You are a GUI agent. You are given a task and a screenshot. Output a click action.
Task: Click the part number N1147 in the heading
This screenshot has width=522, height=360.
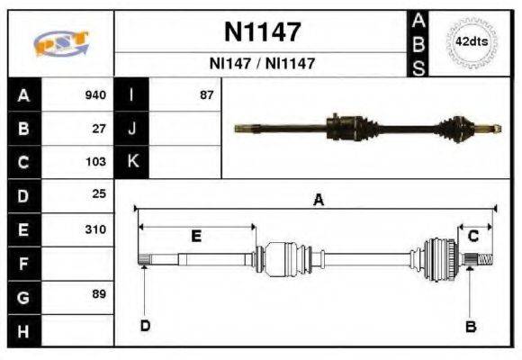(x=261, y=32)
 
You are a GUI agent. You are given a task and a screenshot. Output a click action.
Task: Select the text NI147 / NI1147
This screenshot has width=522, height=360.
(x=261, y=64)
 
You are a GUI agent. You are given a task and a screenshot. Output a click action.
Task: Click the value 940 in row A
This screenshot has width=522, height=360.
(x=95, y=94)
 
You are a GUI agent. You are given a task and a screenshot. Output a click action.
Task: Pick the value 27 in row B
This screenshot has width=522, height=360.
(x=99, y=128)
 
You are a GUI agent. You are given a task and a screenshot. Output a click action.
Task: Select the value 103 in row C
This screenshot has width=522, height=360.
(x=95, y=162)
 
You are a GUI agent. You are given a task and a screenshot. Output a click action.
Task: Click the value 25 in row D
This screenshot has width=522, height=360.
(x=99, y=194)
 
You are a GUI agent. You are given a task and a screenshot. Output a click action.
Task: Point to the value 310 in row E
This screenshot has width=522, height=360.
(x=95, y=229)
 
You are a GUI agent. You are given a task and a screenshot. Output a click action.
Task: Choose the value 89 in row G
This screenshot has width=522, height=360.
(x=99, y=294)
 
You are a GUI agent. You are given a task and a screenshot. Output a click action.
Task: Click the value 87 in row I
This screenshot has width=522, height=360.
(x=207, y=94)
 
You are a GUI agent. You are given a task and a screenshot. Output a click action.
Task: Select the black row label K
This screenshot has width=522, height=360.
(x=131, y=162)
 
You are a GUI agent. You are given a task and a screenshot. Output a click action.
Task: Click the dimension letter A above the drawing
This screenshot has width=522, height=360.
(x=317, y=201)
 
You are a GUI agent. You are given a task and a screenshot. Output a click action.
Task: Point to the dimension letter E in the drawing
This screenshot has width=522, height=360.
(x=195, y=237)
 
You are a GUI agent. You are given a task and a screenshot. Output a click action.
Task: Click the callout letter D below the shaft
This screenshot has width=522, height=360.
(x=145, y=326)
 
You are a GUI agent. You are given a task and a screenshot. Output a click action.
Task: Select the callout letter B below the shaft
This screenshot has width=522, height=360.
(x=470, y=326)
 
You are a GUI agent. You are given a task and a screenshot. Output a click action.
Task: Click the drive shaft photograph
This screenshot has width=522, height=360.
(x=366, y=128)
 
